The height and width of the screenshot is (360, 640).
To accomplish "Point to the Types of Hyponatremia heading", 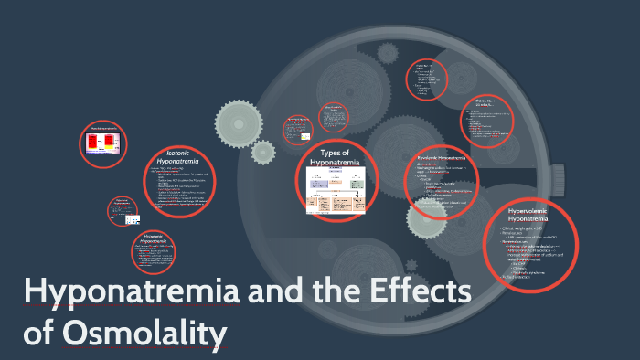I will point(337,156).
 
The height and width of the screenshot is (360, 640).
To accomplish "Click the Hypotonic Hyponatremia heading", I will point(159,238).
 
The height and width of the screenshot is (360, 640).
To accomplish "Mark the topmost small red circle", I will point(426,79).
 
